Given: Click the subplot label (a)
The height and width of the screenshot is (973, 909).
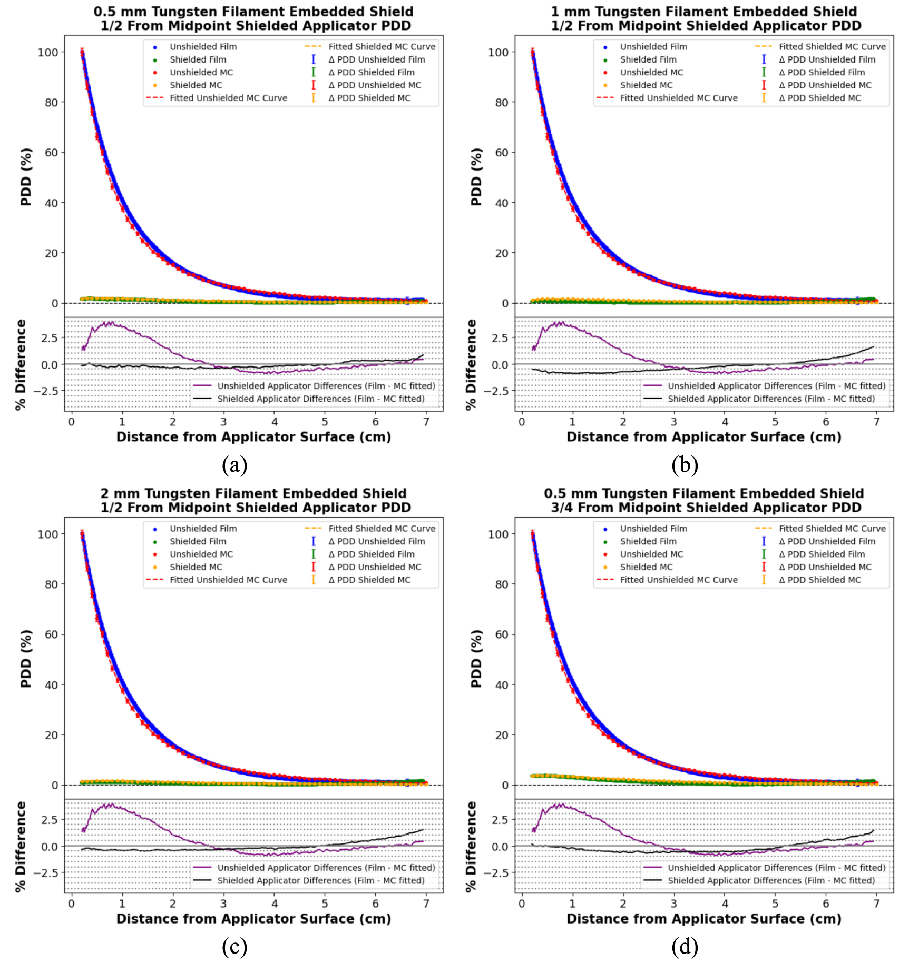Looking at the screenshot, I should pyautogui.click(x=234, y=465).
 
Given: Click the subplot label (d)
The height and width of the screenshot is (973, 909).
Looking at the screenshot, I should pyautogui.click(x=685, y=947).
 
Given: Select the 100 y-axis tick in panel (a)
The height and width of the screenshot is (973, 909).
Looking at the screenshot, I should pyautogui.click(x=48, y=52).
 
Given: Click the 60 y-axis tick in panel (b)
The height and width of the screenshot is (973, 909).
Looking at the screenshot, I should pyautogui.click(x=502, y=153).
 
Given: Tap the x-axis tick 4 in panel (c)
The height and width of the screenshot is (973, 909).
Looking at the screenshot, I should pyautogui.click(x=274, y=903).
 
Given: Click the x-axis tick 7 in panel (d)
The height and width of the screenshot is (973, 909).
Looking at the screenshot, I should pyautogui.click(x=876, y=903).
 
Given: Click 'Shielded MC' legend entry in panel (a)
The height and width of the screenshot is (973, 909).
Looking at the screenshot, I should pyautogui.click(x=196, y=85).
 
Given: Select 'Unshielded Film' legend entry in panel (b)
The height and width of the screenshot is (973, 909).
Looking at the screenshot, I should pyautogui.click(x=653, y=47).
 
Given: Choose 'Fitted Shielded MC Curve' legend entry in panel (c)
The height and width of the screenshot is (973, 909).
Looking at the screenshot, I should pyautogui.click(x=382, y=529).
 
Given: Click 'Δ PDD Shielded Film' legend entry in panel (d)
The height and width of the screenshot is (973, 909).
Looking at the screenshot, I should pyautogui.click(x=826, y=554).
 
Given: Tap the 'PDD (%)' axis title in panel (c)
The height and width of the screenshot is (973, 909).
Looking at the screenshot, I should pyautogui.click(x=26, y=658).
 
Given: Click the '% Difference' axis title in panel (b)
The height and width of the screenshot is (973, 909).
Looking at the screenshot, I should pyautogui.click(x=471, y=364).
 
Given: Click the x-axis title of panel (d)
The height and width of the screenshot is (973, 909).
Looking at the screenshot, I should pyautogui.click(x=703, y=919).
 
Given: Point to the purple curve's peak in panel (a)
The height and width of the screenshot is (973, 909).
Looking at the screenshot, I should pyautogui.click(x=110, y=323).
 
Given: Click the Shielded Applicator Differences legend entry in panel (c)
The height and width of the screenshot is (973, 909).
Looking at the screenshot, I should pyautogui.click(x=320, y=880).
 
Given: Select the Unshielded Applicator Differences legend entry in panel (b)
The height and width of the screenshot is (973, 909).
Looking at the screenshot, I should pyautogui.click(x=776, y=386).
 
